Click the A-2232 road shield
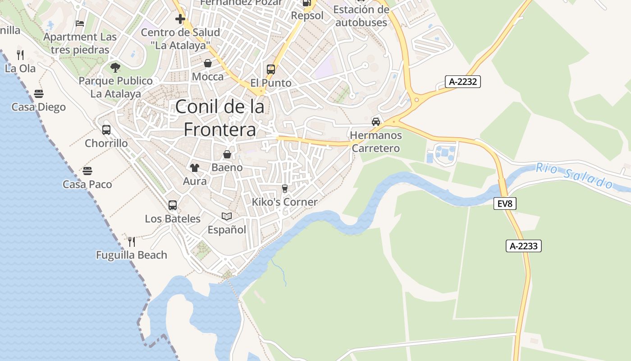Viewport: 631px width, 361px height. [x=463, y=82]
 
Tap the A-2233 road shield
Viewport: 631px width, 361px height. [x=523, y=246]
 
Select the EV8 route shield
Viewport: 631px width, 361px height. [x=505, y=204]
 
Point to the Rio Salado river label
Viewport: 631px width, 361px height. [x=574, y=176]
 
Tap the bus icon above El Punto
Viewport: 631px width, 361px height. [x=271, y=69]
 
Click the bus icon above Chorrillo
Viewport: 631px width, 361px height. [x=106, y=130]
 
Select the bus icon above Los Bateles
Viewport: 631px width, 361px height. [x=173, y=205]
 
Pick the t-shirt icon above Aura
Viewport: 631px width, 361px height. [x=195, y=168]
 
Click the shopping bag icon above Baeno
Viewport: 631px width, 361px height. [x=227, y=154]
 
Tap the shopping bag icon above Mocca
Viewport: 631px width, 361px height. [x=208, y=63]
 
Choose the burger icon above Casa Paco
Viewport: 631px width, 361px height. [x=87, y=171]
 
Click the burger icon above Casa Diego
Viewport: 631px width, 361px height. [x=39, y=94]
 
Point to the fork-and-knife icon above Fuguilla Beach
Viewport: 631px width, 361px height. [x=132, y=241]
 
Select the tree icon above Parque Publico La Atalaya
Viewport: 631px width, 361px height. [x=115, y=68]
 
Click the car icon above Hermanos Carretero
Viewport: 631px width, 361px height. [x=376, y=121]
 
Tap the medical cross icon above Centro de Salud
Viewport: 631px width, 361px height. [x=180, y=19]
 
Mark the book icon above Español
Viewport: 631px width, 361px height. [x=227, y=217]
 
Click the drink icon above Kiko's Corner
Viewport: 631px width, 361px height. [x=284, y=188]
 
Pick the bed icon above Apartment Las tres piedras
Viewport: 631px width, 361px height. [x=80, y=23]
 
